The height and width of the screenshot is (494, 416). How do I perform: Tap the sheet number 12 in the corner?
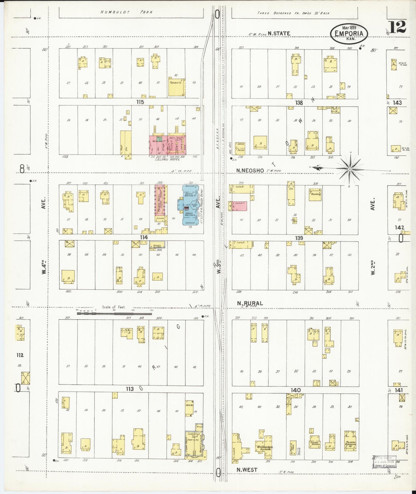[398, 27]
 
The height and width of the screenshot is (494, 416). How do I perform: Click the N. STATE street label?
[279, 34]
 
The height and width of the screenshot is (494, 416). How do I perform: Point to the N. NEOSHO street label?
[250, 171]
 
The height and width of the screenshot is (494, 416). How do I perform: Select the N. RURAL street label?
[250, 303]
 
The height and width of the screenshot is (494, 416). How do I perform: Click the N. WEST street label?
[247, 470]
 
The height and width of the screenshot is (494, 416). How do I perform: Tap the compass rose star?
[349, 169]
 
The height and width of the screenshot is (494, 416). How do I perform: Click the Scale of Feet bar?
[114, 313]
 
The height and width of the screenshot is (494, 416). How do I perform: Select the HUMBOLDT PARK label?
[126, 12]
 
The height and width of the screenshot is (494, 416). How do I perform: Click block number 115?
[140, 102]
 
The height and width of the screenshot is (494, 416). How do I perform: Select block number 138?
[299, 102]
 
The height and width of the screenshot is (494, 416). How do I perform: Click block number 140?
[295, 390]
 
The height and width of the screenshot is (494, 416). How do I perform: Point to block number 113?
[130, 389]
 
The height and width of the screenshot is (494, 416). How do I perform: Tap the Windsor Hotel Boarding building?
[264, 447]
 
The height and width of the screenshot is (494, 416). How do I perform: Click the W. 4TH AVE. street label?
[44, 267]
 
